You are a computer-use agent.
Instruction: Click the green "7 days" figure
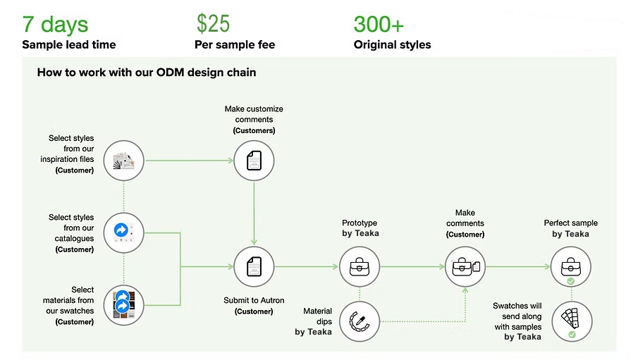tap(55, 24)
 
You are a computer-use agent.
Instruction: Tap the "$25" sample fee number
tap(213, 23)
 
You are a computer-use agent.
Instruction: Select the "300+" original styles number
tap(379, 24)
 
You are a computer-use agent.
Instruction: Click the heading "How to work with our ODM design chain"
tap(147, 73)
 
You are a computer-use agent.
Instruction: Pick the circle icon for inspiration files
tap(123, 161)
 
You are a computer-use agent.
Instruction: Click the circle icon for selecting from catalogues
tap(123, 232)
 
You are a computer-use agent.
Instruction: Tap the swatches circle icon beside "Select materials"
tap(123, 305)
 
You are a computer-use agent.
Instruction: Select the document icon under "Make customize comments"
tap(254, 161)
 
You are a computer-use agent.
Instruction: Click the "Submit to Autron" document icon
tap(254, 267)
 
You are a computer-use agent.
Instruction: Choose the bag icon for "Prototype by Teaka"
tap(360, 267)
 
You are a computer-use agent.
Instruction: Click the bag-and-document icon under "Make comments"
tap(465, 267)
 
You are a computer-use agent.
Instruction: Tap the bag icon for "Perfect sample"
tap(571, 267)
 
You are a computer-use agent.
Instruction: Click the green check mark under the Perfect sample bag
tap(571, 281)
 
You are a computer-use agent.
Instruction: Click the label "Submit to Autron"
tap(254, 300)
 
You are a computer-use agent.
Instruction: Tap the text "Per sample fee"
tap(235, 44)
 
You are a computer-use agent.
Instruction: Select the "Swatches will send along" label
tap(517, 311)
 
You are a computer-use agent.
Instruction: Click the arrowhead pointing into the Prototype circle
tap(336, 267)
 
